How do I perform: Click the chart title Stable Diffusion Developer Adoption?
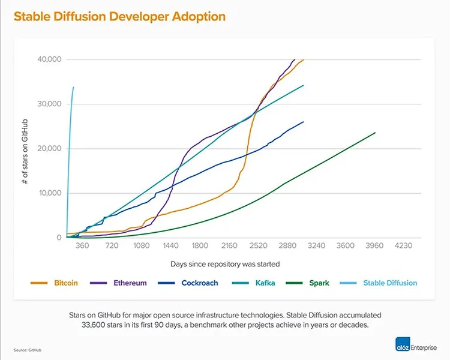click(x=119, y=16)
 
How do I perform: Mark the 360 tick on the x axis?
click(x=83, y=246)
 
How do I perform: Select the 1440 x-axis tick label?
click(x=170, y=246)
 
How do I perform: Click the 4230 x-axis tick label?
click(x=403, y=246)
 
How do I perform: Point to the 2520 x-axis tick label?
click(x=258, y=246)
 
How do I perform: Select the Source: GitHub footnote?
click(x=28, y=350)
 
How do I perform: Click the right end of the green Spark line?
click(x=375, y=133)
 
